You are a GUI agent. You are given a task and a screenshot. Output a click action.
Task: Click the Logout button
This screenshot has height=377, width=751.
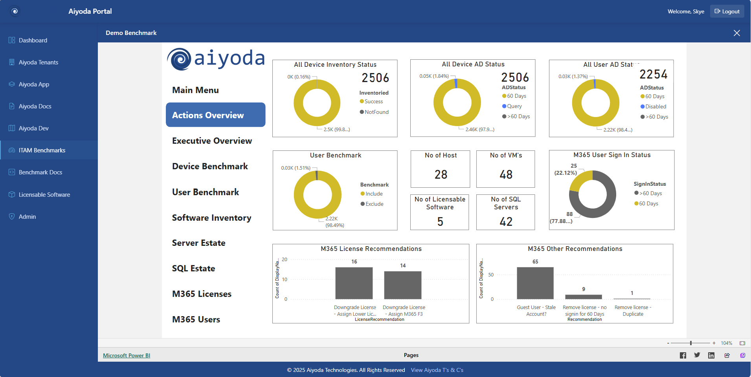727,11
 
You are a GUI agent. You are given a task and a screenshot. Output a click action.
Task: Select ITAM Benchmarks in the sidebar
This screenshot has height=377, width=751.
42,150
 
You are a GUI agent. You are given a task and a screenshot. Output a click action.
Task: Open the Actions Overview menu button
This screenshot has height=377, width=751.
215,115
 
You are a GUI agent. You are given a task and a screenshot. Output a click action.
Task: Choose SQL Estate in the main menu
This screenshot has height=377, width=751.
193,269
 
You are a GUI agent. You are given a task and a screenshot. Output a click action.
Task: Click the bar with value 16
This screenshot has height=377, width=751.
354,283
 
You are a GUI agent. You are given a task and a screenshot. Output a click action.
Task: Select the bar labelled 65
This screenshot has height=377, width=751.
535,283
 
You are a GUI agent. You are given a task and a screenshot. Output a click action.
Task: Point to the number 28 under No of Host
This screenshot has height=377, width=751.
441,174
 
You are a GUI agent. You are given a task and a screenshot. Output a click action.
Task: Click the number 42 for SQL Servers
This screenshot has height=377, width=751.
506,222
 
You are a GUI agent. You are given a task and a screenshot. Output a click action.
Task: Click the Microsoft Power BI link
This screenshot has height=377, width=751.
127,355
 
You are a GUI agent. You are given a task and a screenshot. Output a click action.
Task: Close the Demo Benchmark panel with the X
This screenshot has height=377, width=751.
736,33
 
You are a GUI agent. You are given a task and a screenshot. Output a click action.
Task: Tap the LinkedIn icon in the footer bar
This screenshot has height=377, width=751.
711,355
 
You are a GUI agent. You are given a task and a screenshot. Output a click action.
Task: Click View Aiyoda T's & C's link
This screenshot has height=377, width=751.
437,370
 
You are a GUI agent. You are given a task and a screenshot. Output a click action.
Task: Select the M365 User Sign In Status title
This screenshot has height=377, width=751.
611,155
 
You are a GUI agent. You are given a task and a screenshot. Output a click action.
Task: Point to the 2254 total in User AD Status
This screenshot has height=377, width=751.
653,74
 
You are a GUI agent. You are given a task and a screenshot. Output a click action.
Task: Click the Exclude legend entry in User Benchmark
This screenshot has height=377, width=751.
374,204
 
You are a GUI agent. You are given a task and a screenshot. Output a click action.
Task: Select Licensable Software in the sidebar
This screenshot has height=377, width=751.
44,195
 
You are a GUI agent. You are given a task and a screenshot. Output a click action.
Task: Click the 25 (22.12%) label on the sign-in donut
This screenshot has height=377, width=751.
566,169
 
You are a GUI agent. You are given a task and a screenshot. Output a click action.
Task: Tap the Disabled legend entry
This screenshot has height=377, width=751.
655,107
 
